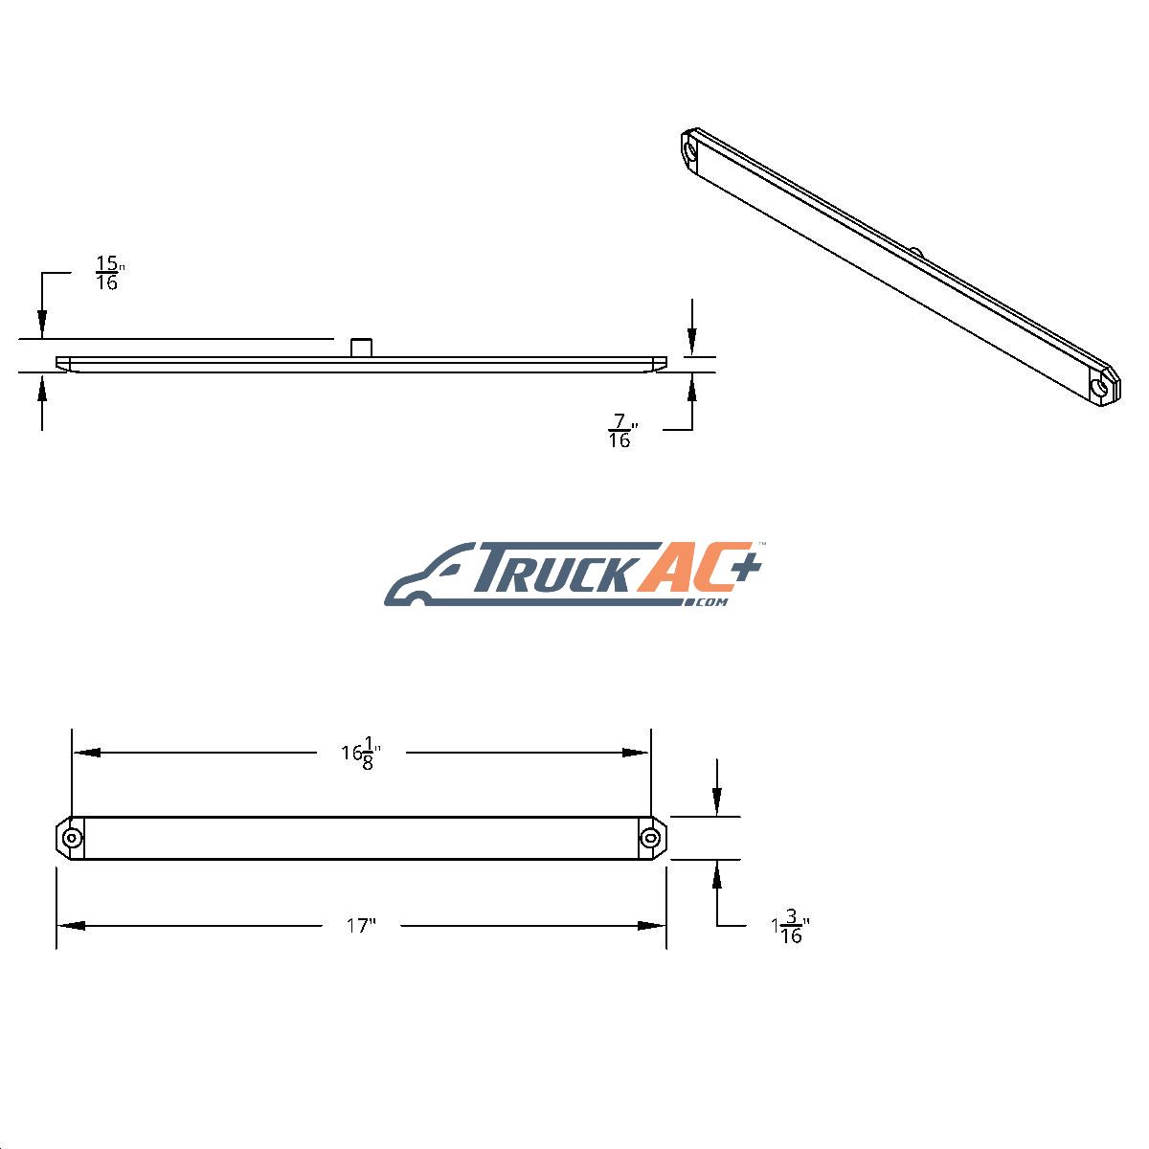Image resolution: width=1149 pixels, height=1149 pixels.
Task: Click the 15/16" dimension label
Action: (x=110, y=273)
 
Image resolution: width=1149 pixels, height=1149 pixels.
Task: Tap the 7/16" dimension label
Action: (x=623, y=431)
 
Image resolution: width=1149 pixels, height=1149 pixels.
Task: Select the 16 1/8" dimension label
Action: (x=361, y=754)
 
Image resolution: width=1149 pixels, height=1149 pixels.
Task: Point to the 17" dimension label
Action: (x=361, y=925)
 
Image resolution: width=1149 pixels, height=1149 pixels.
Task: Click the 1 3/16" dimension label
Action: (x=790, y=926)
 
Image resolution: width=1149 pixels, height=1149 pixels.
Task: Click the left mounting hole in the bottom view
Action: (x=72, y=839)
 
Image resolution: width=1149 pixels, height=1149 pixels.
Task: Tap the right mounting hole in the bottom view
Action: (x=649, y=839)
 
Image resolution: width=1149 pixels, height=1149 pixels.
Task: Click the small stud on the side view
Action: (x=361, y=348)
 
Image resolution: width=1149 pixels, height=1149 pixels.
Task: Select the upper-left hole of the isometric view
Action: (x=690, y=148)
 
